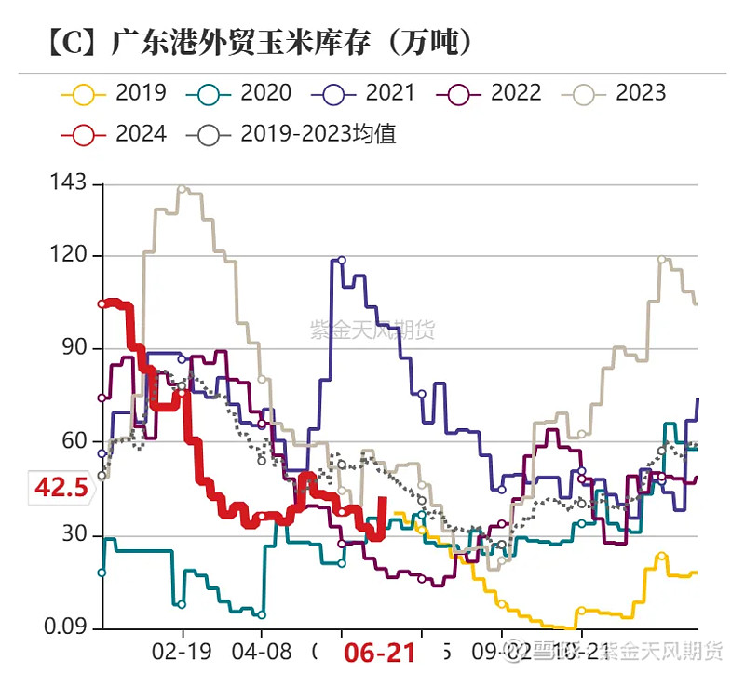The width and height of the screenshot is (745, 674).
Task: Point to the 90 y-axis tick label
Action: (72, 348)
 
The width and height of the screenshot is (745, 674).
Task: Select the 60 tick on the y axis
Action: (72, 441)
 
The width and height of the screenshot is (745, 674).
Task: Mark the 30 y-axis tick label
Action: (72, 535)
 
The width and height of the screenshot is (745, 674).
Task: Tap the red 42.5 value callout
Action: (61, 486)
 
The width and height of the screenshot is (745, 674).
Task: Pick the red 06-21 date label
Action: (379, 653)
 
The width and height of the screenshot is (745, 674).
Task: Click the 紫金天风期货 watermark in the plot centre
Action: (372, 330)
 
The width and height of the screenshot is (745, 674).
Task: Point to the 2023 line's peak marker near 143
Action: (182, 189)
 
